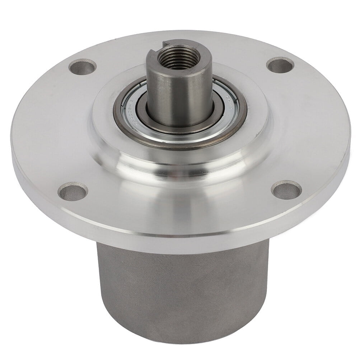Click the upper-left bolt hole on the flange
[x=83, y=67]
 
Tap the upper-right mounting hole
[x=280, y=65]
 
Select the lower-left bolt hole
[x=73, y=192]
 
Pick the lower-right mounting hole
[x=286, y=190]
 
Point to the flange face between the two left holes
[x=50, y=129]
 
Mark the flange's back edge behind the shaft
[x=179, y=34]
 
